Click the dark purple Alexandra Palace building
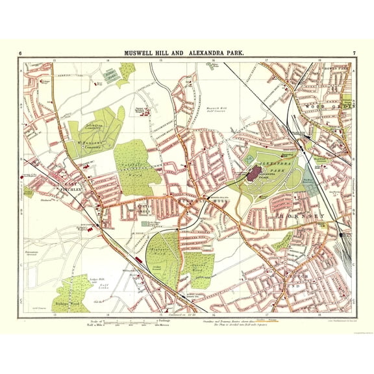[x=254, y=173]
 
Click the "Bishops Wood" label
[x=66, y=303]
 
